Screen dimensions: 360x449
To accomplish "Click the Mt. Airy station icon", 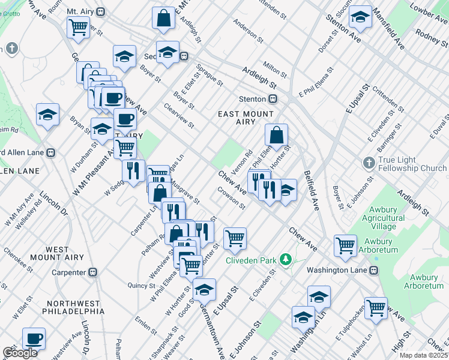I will (x=101, y=11).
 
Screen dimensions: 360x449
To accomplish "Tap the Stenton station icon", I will (x=273, y=99).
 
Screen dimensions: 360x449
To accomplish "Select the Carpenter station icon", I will (x=92, y=272).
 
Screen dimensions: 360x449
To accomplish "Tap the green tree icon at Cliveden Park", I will (x=287, y=259).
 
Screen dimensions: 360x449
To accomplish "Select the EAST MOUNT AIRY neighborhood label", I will (x=246, y=118).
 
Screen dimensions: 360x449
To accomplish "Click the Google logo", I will (x=20, y=353).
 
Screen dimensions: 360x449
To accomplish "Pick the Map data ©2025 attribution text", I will (x=423, y=355).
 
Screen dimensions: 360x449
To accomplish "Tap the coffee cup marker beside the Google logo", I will (x=34, y=339).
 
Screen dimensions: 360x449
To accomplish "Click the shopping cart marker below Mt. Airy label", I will (x=79, y=27).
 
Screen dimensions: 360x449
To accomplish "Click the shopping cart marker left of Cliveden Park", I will (x=235, y=238).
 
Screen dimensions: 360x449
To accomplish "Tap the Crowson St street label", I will (x=232, y=199).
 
